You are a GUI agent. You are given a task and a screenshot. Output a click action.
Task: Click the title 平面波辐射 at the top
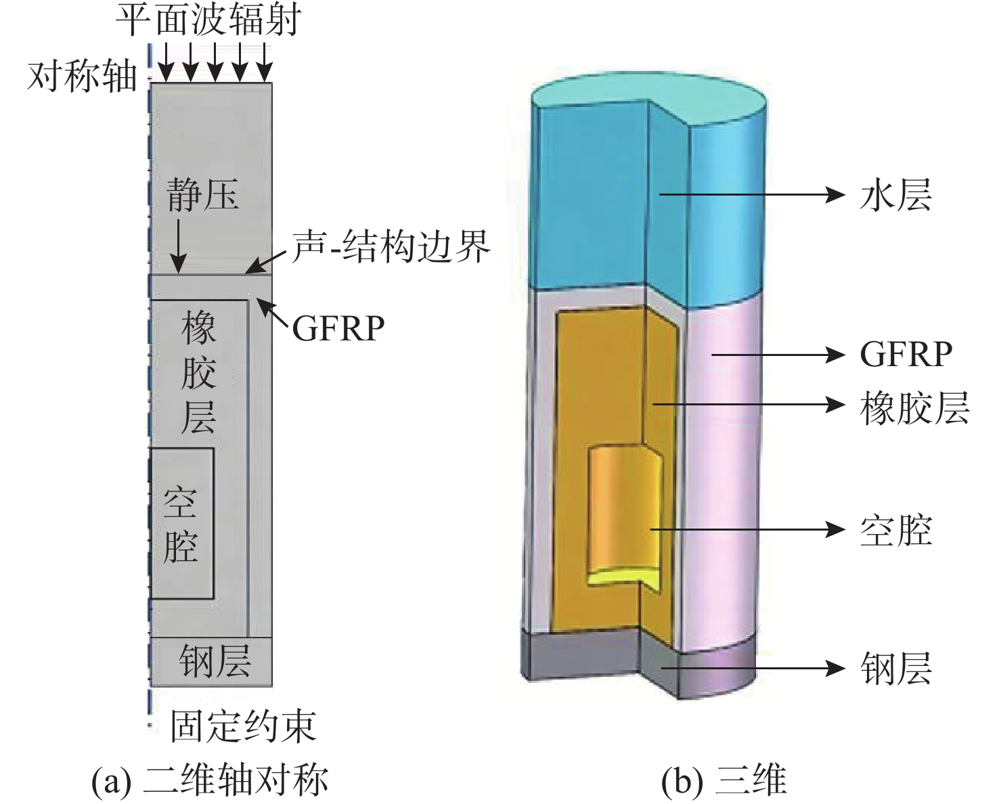tap(208, 21)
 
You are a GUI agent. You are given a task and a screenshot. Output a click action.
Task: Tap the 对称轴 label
tap(82, 76)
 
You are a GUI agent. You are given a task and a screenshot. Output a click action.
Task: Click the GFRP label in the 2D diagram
tap(338, 330)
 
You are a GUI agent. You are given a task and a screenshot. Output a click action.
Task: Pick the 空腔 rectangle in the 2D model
tap(181, 523)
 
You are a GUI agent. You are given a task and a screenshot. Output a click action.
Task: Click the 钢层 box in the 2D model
tap(211, 661)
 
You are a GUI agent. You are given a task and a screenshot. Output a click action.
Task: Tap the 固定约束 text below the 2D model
tap(243, 726)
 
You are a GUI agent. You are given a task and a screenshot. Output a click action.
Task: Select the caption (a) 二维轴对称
tap(210, 780)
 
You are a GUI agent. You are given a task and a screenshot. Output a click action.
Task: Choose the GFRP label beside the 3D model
tap(906, 354)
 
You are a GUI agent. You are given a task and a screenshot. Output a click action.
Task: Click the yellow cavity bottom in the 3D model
tap(623, 576)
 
